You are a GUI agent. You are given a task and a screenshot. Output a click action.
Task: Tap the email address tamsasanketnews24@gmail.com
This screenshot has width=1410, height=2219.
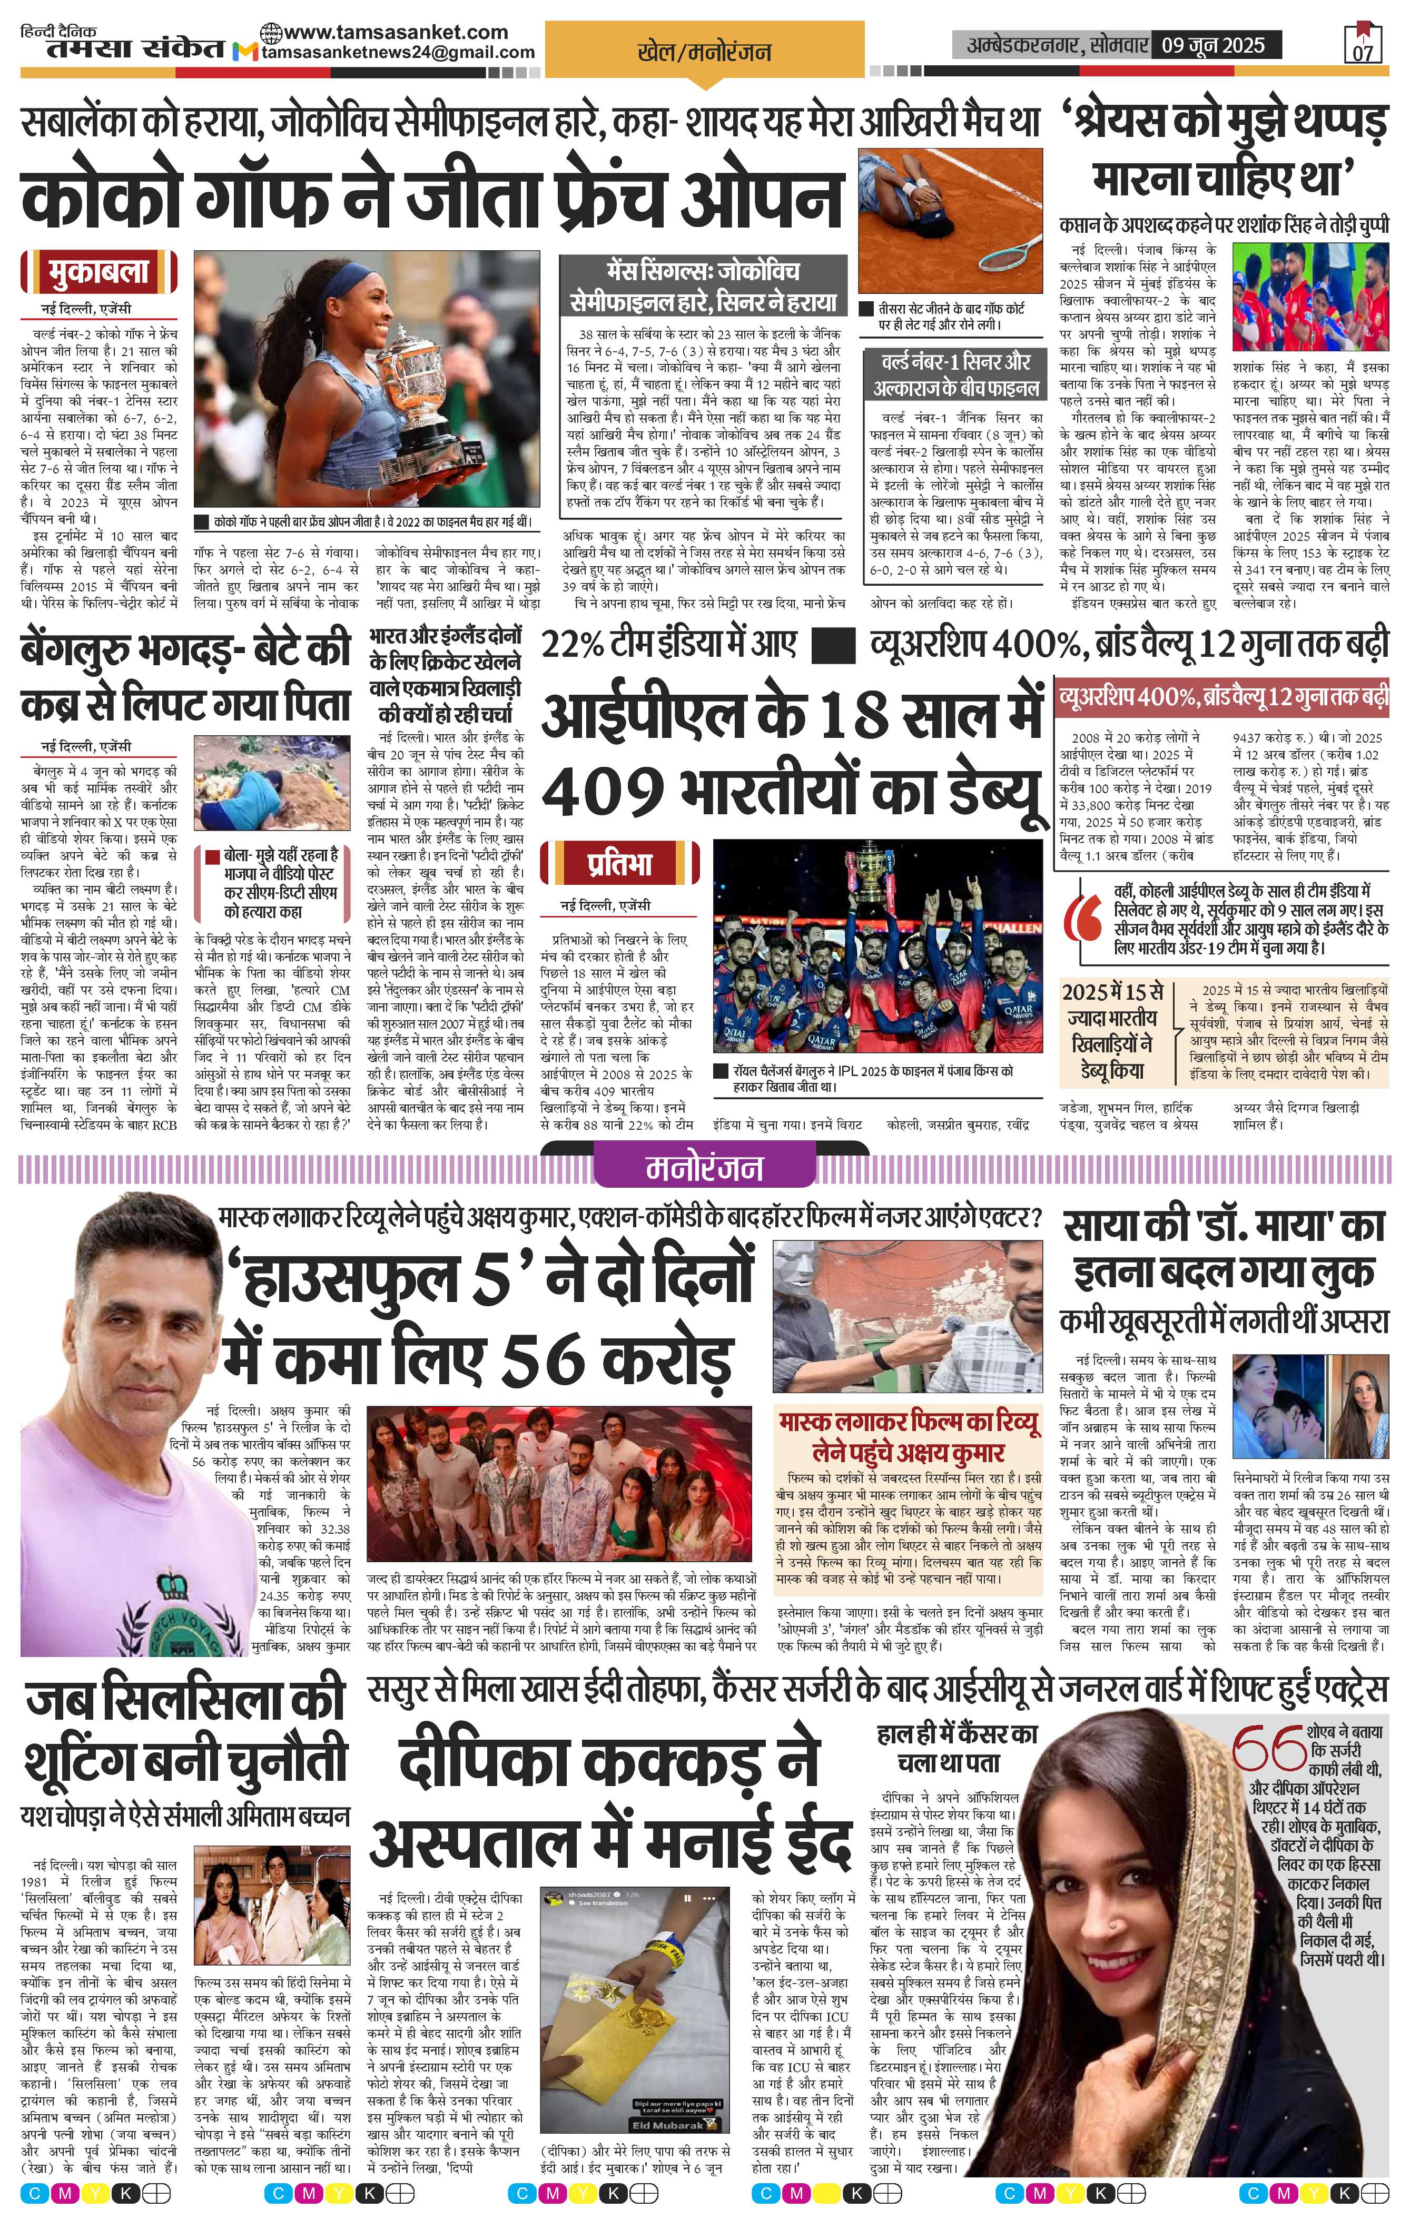(398, 53)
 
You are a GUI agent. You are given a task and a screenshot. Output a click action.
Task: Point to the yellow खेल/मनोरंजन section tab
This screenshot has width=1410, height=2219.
(704, 53)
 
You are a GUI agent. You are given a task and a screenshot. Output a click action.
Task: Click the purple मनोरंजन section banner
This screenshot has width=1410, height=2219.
(704, 1168)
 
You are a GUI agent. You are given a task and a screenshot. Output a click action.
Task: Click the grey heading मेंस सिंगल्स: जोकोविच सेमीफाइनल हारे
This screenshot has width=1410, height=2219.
(702, 285)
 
